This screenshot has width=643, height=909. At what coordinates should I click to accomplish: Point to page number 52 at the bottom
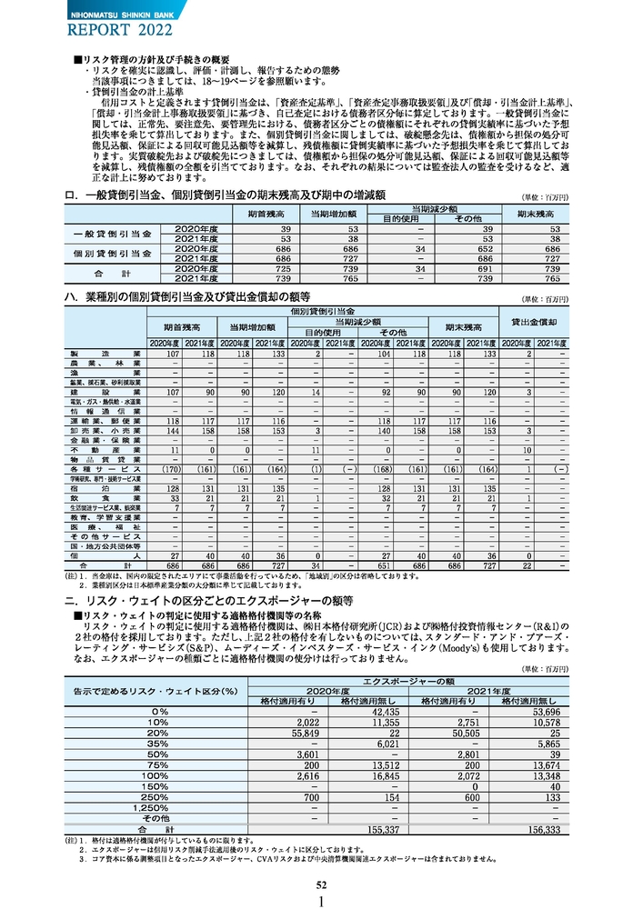(321, 884)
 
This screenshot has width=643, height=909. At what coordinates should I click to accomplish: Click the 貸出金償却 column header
(534, 322)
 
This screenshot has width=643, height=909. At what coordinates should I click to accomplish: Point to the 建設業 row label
(104, 392)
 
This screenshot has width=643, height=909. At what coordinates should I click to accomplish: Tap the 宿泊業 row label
(104, 487)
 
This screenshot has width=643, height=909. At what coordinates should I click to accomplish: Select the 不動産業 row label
(104, 449)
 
